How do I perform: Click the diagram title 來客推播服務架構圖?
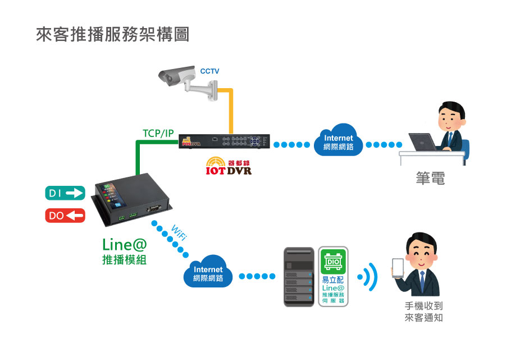[112, 35]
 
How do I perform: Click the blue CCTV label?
[209, 71]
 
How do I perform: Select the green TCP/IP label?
[158, 133]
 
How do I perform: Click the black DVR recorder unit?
[224, 141]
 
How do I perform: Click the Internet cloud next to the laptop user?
[338, 142]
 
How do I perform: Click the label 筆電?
[430, 179]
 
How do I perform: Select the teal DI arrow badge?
[65, 194]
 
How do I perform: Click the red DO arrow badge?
[65, 215]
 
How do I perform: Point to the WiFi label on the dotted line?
[178, 234]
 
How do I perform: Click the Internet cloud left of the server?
[208, 273]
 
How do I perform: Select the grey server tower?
[299, 276]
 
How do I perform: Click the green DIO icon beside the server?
[333, 262]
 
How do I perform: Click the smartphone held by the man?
[398, 268]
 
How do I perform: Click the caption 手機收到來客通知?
[424, 312]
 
